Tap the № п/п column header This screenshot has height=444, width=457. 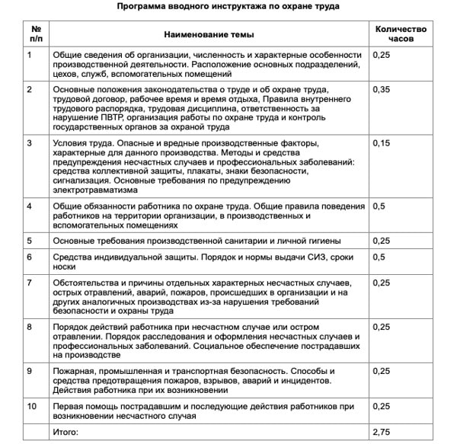pos(36,34)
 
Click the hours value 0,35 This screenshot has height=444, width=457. pos(382,90)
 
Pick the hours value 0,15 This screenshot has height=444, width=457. pos(382,143)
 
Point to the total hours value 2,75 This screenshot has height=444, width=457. pos(382,432)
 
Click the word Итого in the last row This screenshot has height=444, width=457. pos(66,432)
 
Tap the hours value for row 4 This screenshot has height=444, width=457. pos(379,206)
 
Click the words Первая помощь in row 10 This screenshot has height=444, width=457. pos(88,407)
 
